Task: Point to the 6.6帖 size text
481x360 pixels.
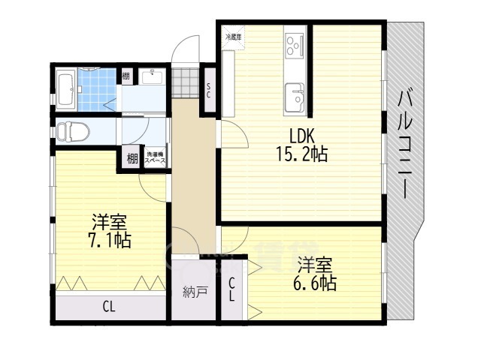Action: pyautogui.click(x=314, y=283)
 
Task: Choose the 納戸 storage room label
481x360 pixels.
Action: pyautogui.click(x=195, y=292)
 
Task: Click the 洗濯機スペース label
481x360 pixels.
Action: pyautogui.click(x=156, y=157)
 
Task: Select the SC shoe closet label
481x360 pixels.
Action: pyautogui.click(x=208, y=91)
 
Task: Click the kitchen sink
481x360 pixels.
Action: pyautogui.click(x=295, y=97)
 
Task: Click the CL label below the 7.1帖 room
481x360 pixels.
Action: pyautogui.click(x=109, y=306)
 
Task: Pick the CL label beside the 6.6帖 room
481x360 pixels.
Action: pyautogui.click(x=232, y=289)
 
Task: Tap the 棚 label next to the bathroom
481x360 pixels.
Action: pyautogui.click(x=126, y=76)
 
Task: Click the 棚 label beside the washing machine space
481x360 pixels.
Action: pyautogui.click(x=132, y=157)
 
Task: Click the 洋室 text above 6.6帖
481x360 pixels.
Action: pyautogui.click(x=314, y=265)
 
